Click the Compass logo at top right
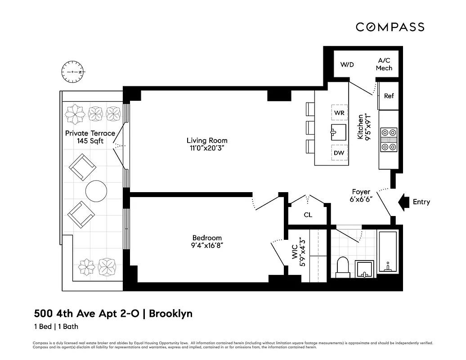click(x=390, y=27)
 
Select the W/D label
click(x=347, y=64)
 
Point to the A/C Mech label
click(x=384, y=64)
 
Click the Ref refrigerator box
click(x=389, y=96)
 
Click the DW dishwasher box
click(x=339, y=153)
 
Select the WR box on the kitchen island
click(x=339, y=112)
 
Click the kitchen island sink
click(x=339, y=133)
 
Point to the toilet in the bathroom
click(x=343, y=267)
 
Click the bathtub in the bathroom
click(x=387, y=252)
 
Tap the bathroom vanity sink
click(x=364, y=269)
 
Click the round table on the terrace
click(x=96, y=191)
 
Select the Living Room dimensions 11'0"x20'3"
click(x=207, y=148)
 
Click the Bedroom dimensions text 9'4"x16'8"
click(x=207, y=245)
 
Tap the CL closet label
click(x=308, y=215)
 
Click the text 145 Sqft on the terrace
click(x=90, y=141)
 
